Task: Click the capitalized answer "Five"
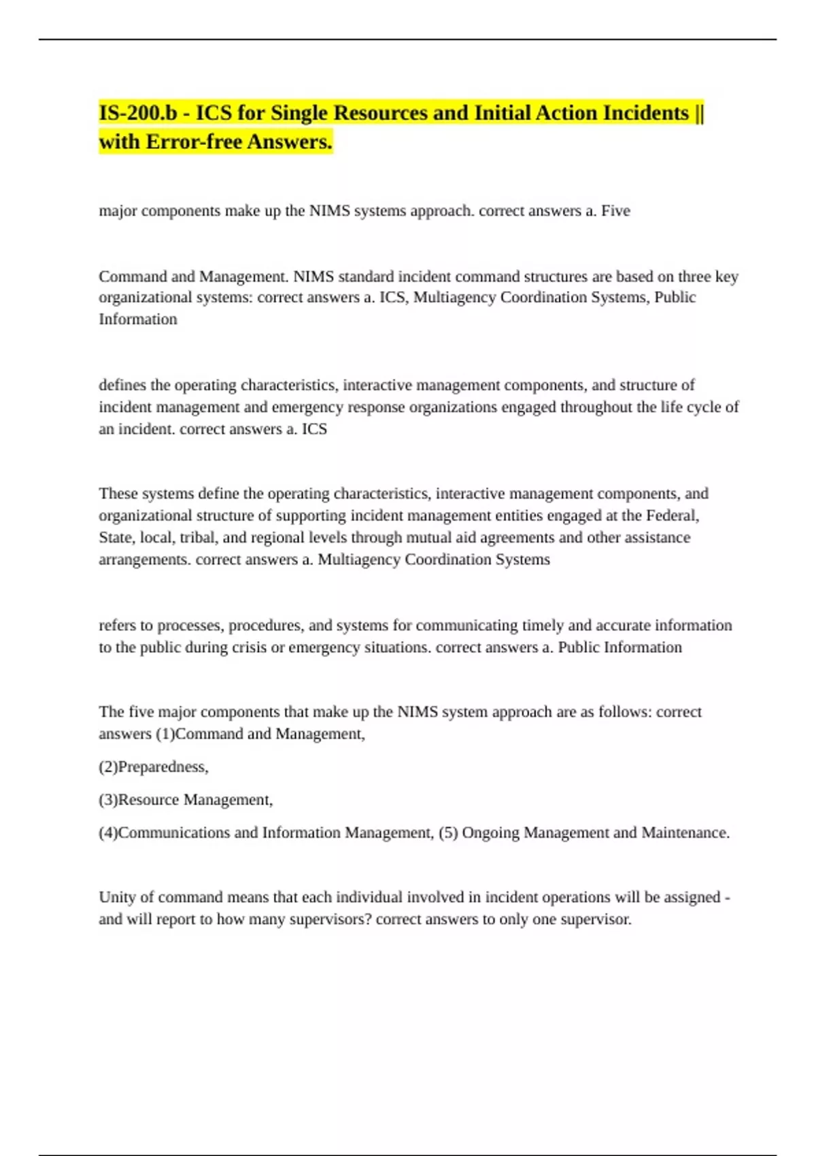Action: (x=615, y=211)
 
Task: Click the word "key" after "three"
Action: (x=727, y=277)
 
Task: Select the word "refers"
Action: (x=117, y=625)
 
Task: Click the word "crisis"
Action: (x=249, y=647)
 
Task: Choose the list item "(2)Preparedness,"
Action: (x=154, y=766)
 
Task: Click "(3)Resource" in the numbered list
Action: (x=139, y=800)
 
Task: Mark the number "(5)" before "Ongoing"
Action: (x=448, y=832)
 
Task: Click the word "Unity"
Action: (x=117, y=897)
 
